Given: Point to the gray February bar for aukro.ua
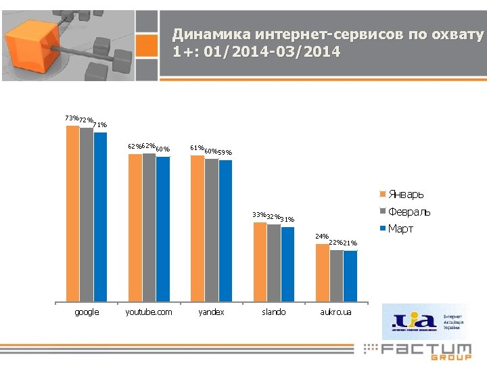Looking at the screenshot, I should (336, 275).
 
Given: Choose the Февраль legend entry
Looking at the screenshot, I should (409, 212).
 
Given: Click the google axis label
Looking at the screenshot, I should (87, 312).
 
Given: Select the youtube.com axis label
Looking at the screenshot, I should (149, 312).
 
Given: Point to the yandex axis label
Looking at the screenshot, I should (211, 312).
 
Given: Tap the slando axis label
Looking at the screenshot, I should (273, 312).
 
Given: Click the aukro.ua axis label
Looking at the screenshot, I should (336, 312).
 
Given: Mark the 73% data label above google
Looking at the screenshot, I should (71, 118).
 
